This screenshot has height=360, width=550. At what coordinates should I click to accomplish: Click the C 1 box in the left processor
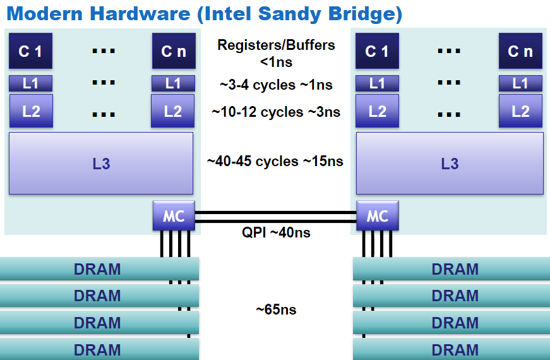tap(30, 51)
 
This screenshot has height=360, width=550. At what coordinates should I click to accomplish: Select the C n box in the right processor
tap(520, 51)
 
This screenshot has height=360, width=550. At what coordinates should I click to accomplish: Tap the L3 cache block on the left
tap(101, 164)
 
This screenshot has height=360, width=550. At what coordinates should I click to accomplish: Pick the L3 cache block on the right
tap(450, 164)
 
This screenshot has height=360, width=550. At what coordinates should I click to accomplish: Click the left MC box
tap(174, 216)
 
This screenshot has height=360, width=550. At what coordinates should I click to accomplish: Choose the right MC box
tap(378, 216)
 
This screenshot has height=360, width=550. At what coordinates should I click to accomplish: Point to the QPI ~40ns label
tap(276, 232)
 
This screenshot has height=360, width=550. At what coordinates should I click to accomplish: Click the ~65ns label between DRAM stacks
tap(276, 309)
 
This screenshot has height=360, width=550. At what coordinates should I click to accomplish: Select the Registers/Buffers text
tap(276, 45)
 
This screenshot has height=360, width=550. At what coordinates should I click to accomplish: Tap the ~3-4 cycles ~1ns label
tap(276, 85)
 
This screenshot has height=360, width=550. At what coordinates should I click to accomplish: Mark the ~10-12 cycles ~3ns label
tap(276, 112)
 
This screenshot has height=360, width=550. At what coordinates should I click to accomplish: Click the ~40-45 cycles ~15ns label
tap(275, 162)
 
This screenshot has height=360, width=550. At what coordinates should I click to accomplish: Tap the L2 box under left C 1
tap(31, 111)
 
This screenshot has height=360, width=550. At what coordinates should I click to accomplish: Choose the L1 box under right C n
tap(520, 83)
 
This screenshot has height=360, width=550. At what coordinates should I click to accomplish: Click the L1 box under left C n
tap(173, 83)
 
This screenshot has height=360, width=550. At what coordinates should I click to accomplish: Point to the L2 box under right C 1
tap(377, 111)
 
